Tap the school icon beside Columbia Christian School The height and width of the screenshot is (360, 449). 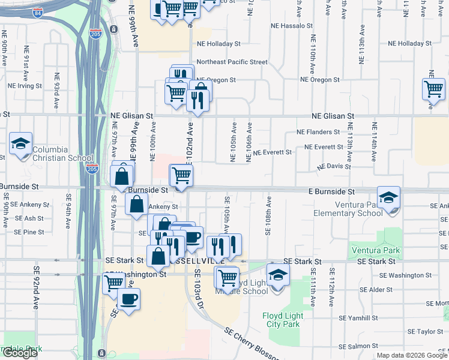(21, 145)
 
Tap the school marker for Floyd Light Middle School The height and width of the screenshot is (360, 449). (278, 276)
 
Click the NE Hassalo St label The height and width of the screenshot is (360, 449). (292, 26)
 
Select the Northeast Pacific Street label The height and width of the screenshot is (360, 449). (232, 62)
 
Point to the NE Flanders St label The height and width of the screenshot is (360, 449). (318, 132)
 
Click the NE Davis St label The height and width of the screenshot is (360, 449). (334, 166)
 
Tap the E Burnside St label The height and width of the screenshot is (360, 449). (332, 191)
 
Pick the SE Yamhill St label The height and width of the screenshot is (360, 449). (360, 318)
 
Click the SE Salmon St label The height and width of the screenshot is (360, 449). (360, 347)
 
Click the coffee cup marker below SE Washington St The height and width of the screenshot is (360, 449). (128, 299)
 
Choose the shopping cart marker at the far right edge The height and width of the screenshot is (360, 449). (433, 90)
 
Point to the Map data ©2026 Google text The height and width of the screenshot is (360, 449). (412, 355)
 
